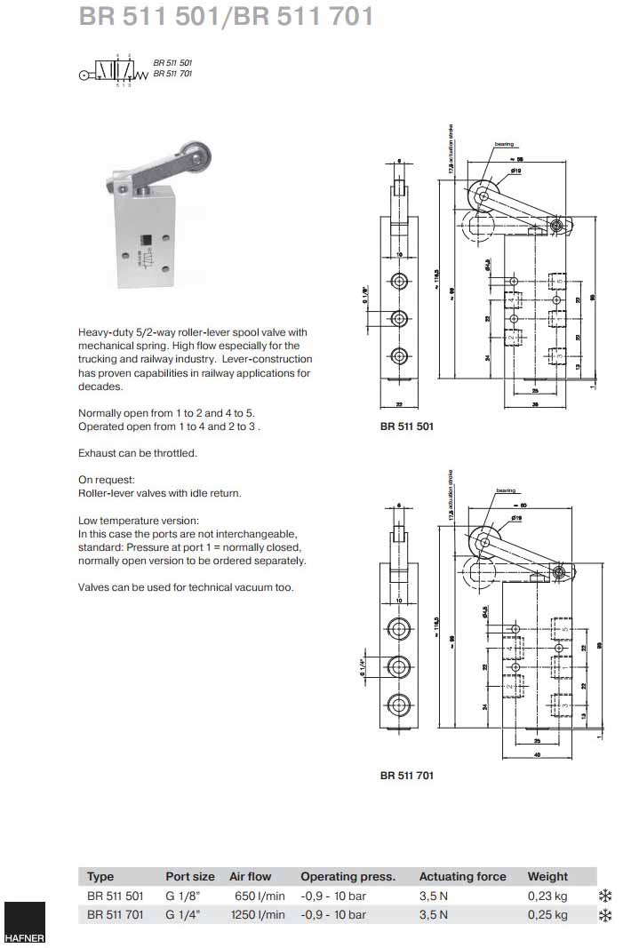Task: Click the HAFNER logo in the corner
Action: [23, 924]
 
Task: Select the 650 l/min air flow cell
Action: [257, 896]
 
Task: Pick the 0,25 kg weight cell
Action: [547, 914]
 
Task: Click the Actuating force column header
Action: [462, 876]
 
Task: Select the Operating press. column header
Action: [347, 876]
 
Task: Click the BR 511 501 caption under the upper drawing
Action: [406, 426]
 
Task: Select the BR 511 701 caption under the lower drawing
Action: [406, 775]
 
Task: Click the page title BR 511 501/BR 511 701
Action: [226, 17]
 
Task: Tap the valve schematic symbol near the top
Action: [115, 73]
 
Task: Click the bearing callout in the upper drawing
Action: [505, 144]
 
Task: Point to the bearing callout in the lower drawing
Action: [505, 490]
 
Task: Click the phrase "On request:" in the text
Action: [104, 479]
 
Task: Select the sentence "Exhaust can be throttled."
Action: [137, 453]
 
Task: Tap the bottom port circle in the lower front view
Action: [400, 706]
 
